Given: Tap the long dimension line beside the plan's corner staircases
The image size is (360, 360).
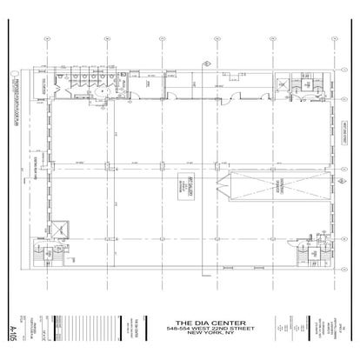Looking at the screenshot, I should point(29,174).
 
